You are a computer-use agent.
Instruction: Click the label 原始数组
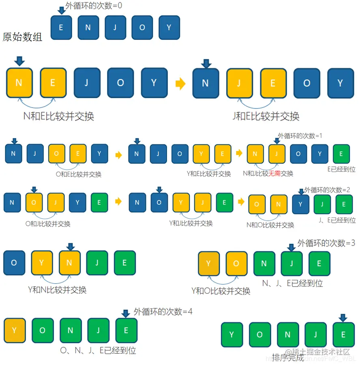point(22,37)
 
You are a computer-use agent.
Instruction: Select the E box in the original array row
point(61,28)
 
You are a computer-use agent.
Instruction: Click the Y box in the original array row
point(169,28)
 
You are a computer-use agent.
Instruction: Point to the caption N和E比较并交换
point(58,116)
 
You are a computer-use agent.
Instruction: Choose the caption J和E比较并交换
point(266,116)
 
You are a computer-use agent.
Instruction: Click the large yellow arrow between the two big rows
point(180,84)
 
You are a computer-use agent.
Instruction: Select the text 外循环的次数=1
point(300,136)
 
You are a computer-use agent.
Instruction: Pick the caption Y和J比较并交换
point(191,224)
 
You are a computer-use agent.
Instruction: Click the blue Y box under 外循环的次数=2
point(300,204)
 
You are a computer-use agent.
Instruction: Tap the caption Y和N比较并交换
point(57,290)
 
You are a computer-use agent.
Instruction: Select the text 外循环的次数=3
point(326,243)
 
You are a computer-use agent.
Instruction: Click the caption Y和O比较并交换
point(221,291)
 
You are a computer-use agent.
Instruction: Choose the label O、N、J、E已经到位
point(97,350)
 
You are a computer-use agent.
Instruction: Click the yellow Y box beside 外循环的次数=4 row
point(14,330)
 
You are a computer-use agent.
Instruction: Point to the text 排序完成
point(288,357)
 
